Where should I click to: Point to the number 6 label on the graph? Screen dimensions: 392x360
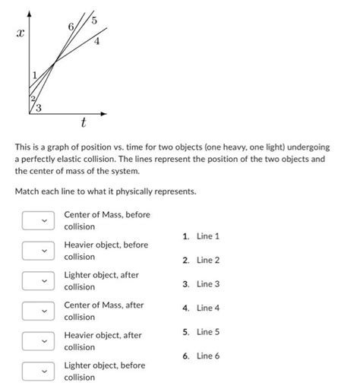[71, 27]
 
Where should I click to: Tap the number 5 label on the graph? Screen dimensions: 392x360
[93, 20]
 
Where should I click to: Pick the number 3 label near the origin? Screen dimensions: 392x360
[39, 109]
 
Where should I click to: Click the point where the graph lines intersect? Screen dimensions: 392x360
[54, 64]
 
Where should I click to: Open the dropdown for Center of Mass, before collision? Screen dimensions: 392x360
[43, 220]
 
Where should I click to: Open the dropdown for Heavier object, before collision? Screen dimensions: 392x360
[43, 250]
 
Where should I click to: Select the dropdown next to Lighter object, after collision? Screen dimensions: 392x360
[43, 280]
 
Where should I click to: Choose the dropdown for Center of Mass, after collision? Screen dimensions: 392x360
[43, 311]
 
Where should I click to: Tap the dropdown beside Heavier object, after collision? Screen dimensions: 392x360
[43, 340]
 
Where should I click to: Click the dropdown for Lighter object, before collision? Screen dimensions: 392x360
[43, 371]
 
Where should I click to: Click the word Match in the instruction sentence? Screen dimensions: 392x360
[28, 191]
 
